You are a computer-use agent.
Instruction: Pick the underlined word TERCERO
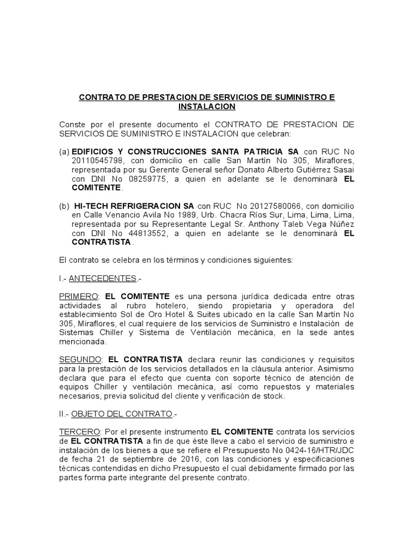click(78, 432)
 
